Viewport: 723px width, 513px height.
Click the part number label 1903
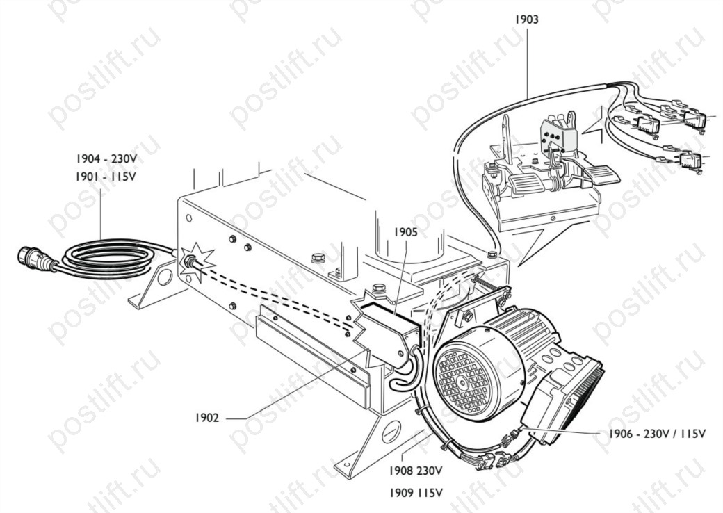point(526,19)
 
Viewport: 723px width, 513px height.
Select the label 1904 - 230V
point(106,159)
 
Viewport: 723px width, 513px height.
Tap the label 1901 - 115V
point(106,177)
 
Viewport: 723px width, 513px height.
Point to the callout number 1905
point(405,232)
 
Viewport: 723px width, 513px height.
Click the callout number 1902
point(207,418)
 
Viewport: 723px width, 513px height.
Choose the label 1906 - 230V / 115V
point(657,434)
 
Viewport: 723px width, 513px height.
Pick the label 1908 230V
point(416,471)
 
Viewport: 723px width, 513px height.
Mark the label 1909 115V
point(416,493)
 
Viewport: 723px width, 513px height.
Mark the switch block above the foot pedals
point(559,134)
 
